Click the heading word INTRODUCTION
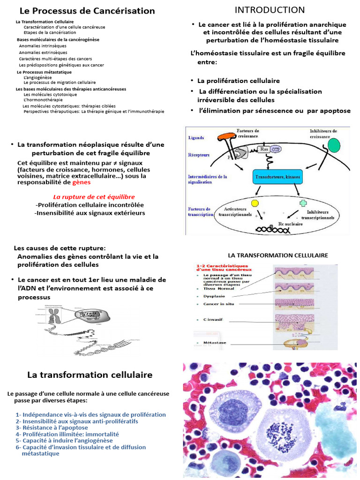pyautogui.click(x=270, y=10)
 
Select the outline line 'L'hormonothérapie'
pyautogui.click(x=43, y=100)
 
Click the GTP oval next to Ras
pyautogui.click(x=277, y=150)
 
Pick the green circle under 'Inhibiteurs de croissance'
pyautogui.click(x=334, y=145)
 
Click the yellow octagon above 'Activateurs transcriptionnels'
pyautogui.click(x=255, y=203)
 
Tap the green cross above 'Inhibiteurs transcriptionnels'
pyautogui.click(x=303, y=203)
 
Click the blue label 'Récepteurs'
pyautogui.click(x=199, y=154)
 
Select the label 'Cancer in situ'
pyautogui.click(x=218, y=304)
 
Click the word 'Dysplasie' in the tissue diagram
pyautogui.click(x=214, y=296)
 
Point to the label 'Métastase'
pyautogui.click(x=215, y=343)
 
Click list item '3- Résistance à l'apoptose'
pyautogui.click(x=52, y=428)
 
